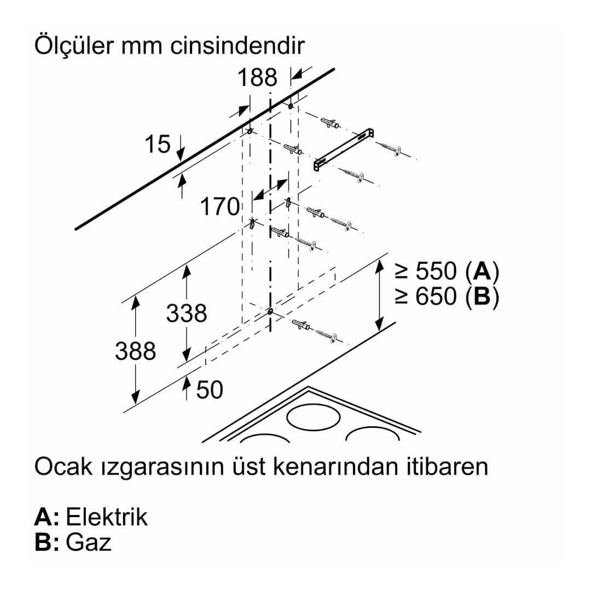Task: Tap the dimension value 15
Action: pyautogui.click(x=158, y=144)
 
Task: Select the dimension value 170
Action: pyautogui.click(x=220, y=206)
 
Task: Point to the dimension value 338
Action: pyautogui.click(x=187, y=313)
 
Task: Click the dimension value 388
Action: pyautogui.click(x=135, y=351)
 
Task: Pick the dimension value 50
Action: pyautogui.click(x=210, y=390)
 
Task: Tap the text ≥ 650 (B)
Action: pyautogui.click(x=447, y=297)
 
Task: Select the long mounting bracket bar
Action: pyautogui.click(x=344, y=149)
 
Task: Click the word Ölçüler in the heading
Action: pyautogui.click(x=74, y=45)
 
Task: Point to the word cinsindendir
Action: pyautogui.click(x=237, y=46)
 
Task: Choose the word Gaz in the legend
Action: pyautogui.click(x=89, y=542)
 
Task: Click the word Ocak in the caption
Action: pyautogui.click(x=63, y=466)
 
